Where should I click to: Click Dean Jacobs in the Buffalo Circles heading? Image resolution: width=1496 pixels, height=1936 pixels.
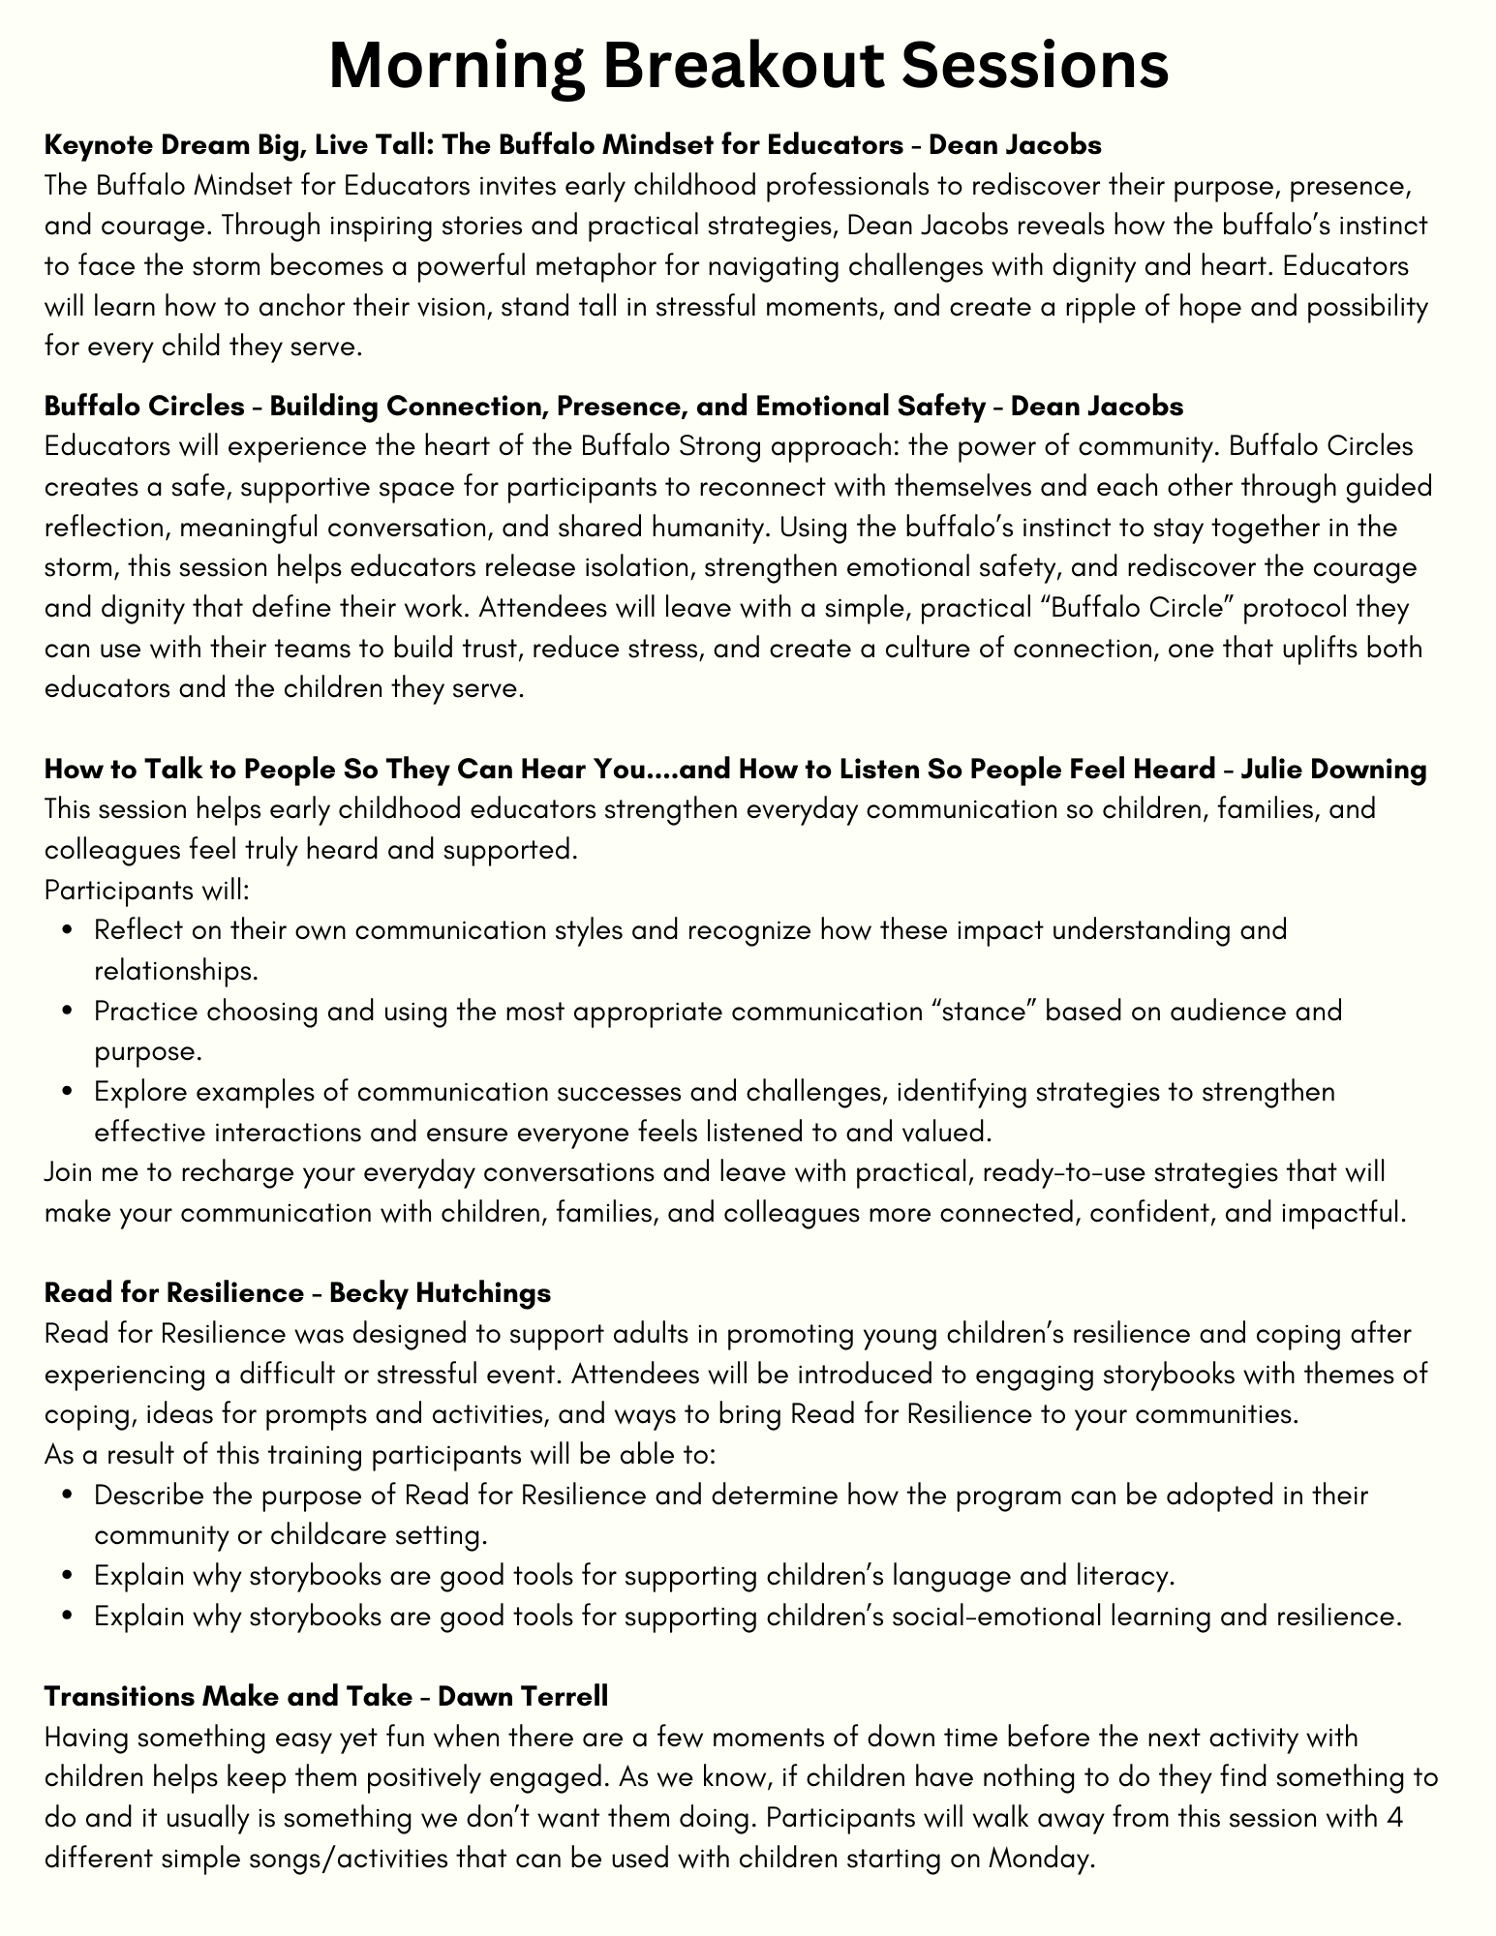click(1096, 407)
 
